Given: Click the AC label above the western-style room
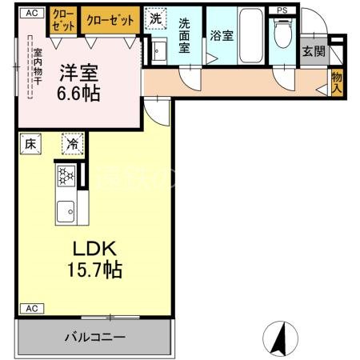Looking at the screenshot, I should [x=30, y=14].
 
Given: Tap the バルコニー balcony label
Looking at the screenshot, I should [x=94, y=338].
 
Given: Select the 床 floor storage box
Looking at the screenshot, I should [x=30, y=144].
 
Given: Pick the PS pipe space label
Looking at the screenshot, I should [x=281, y=10].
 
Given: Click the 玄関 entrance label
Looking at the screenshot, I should [x=313, y=52].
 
